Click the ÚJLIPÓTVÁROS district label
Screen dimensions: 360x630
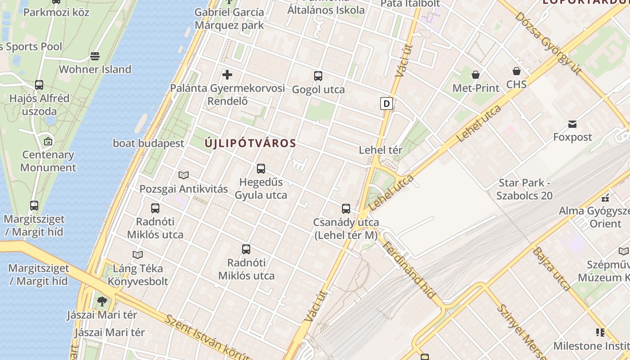click(x=250, y=144)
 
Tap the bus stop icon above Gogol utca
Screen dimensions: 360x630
click(x=318, y=76)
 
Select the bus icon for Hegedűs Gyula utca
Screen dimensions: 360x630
click(x=261, y=169)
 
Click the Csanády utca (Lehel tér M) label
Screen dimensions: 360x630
click(x=346, y=229)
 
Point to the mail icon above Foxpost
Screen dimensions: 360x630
click(x=572, y=124)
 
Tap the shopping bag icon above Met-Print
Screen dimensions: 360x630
click(x=476, y=74)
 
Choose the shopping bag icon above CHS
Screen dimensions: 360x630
click(x=517, y=71)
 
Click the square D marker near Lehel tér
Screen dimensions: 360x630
click(x=386, y=103)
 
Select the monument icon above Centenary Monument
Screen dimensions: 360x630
click(x=48, y=141)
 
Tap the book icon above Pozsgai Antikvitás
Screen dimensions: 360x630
click(x=184, y=175)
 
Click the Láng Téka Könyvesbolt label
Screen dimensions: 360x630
click(x=138, y=275)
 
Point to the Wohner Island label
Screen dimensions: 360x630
click(x=95, y=69)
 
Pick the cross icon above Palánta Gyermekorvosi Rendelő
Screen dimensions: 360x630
click(x=227, y=74)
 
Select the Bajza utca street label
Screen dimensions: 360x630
click(x=551, y=269)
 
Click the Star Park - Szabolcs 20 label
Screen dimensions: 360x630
click(x=525, y=189)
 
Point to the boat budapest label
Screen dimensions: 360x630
click(x=148, y=143)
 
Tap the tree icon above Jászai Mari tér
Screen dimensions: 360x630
click(x=102, y=301)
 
